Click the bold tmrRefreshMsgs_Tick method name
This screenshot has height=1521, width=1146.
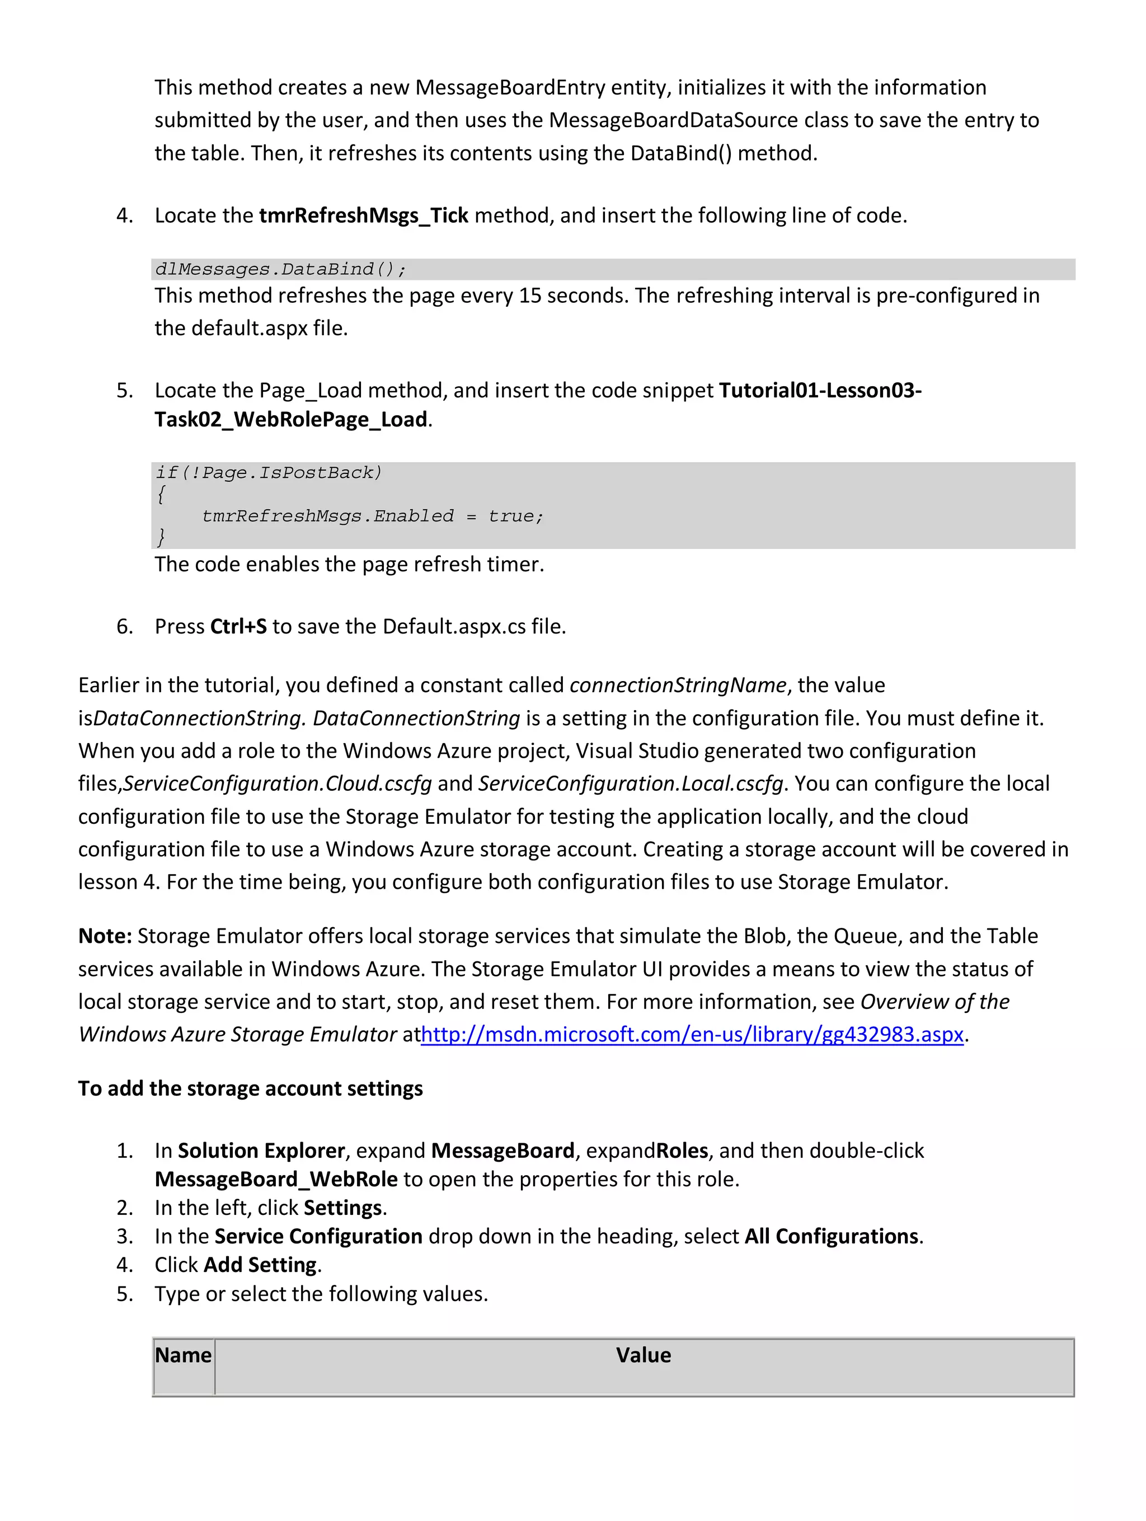click(x=363, y=216)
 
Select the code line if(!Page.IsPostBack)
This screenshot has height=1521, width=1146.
click(x=268, y=472)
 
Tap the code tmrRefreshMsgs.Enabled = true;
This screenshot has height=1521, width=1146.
click(x=372, y=516)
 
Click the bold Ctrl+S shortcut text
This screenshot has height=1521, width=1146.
click(x=238, y=626)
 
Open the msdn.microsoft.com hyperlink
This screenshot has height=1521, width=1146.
click(x=692, y=1034)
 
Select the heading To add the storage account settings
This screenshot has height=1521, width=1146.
click(x=250, y=1088)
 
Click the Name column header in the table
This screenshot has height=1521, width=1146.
click(x=183, y=1355)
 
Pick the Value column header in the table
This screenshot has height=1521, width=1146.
click(x=643, y=1355)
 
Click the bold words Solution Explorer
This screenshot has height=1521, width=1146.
click(x=261, y=1151)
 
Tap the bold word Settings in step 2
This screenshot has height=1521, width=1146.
click(x=342, y=1208)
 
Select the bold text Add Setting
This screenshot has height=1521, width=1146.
click(x=260, y=1265)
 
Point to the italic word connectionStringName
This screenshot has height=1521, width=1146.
click(x=677, y=685)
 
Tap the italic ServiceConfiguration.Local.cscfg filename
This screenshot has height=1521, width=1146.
click(x=631, y=783)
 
